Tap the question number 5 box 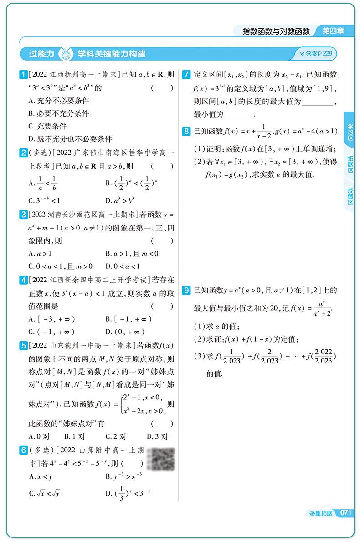point(23,346)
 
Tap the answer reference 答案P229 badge point(316,54)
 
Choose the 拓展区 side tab point(350,163)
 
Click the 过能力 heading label point(41,54)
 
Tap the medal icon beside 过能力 point(67,54)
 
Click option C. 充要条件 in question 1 point(47,126)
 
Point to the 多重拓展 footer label point(321,513)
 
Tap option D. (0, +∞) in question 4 point(125,332)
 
